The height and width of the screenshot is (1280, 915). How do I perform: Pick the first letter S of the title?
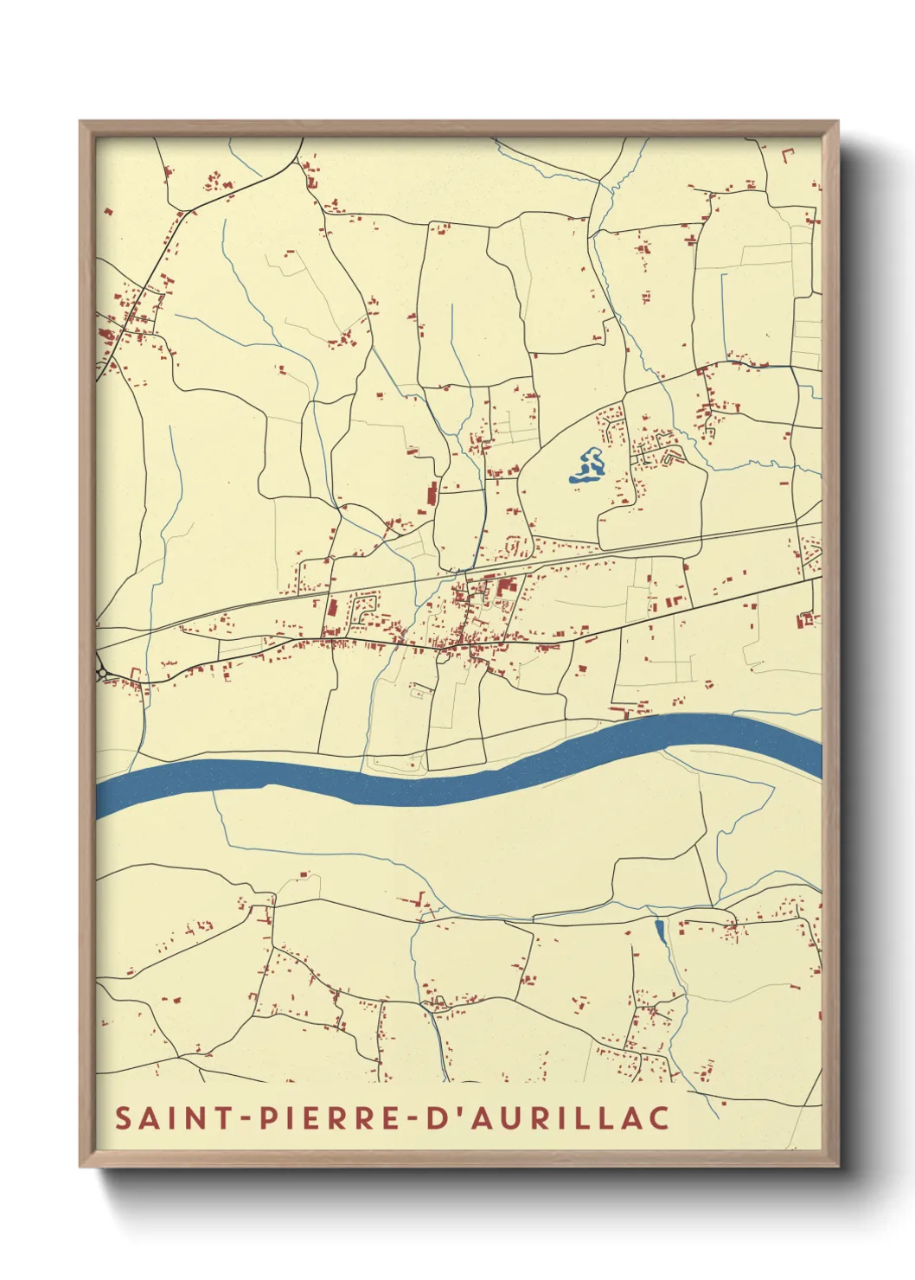tap(125, 1117)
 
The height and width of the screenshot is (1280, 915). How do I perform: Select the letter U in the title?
tap(508, 1117)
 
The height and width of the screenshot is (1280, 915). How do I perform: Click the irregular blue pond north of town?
tap(589, 466)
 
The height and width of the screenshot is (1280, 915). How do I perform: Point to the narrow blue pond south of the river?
tap(660, 931)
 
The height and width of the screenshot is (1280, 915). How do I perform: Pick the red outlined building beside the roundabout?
tap(135, 673)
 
